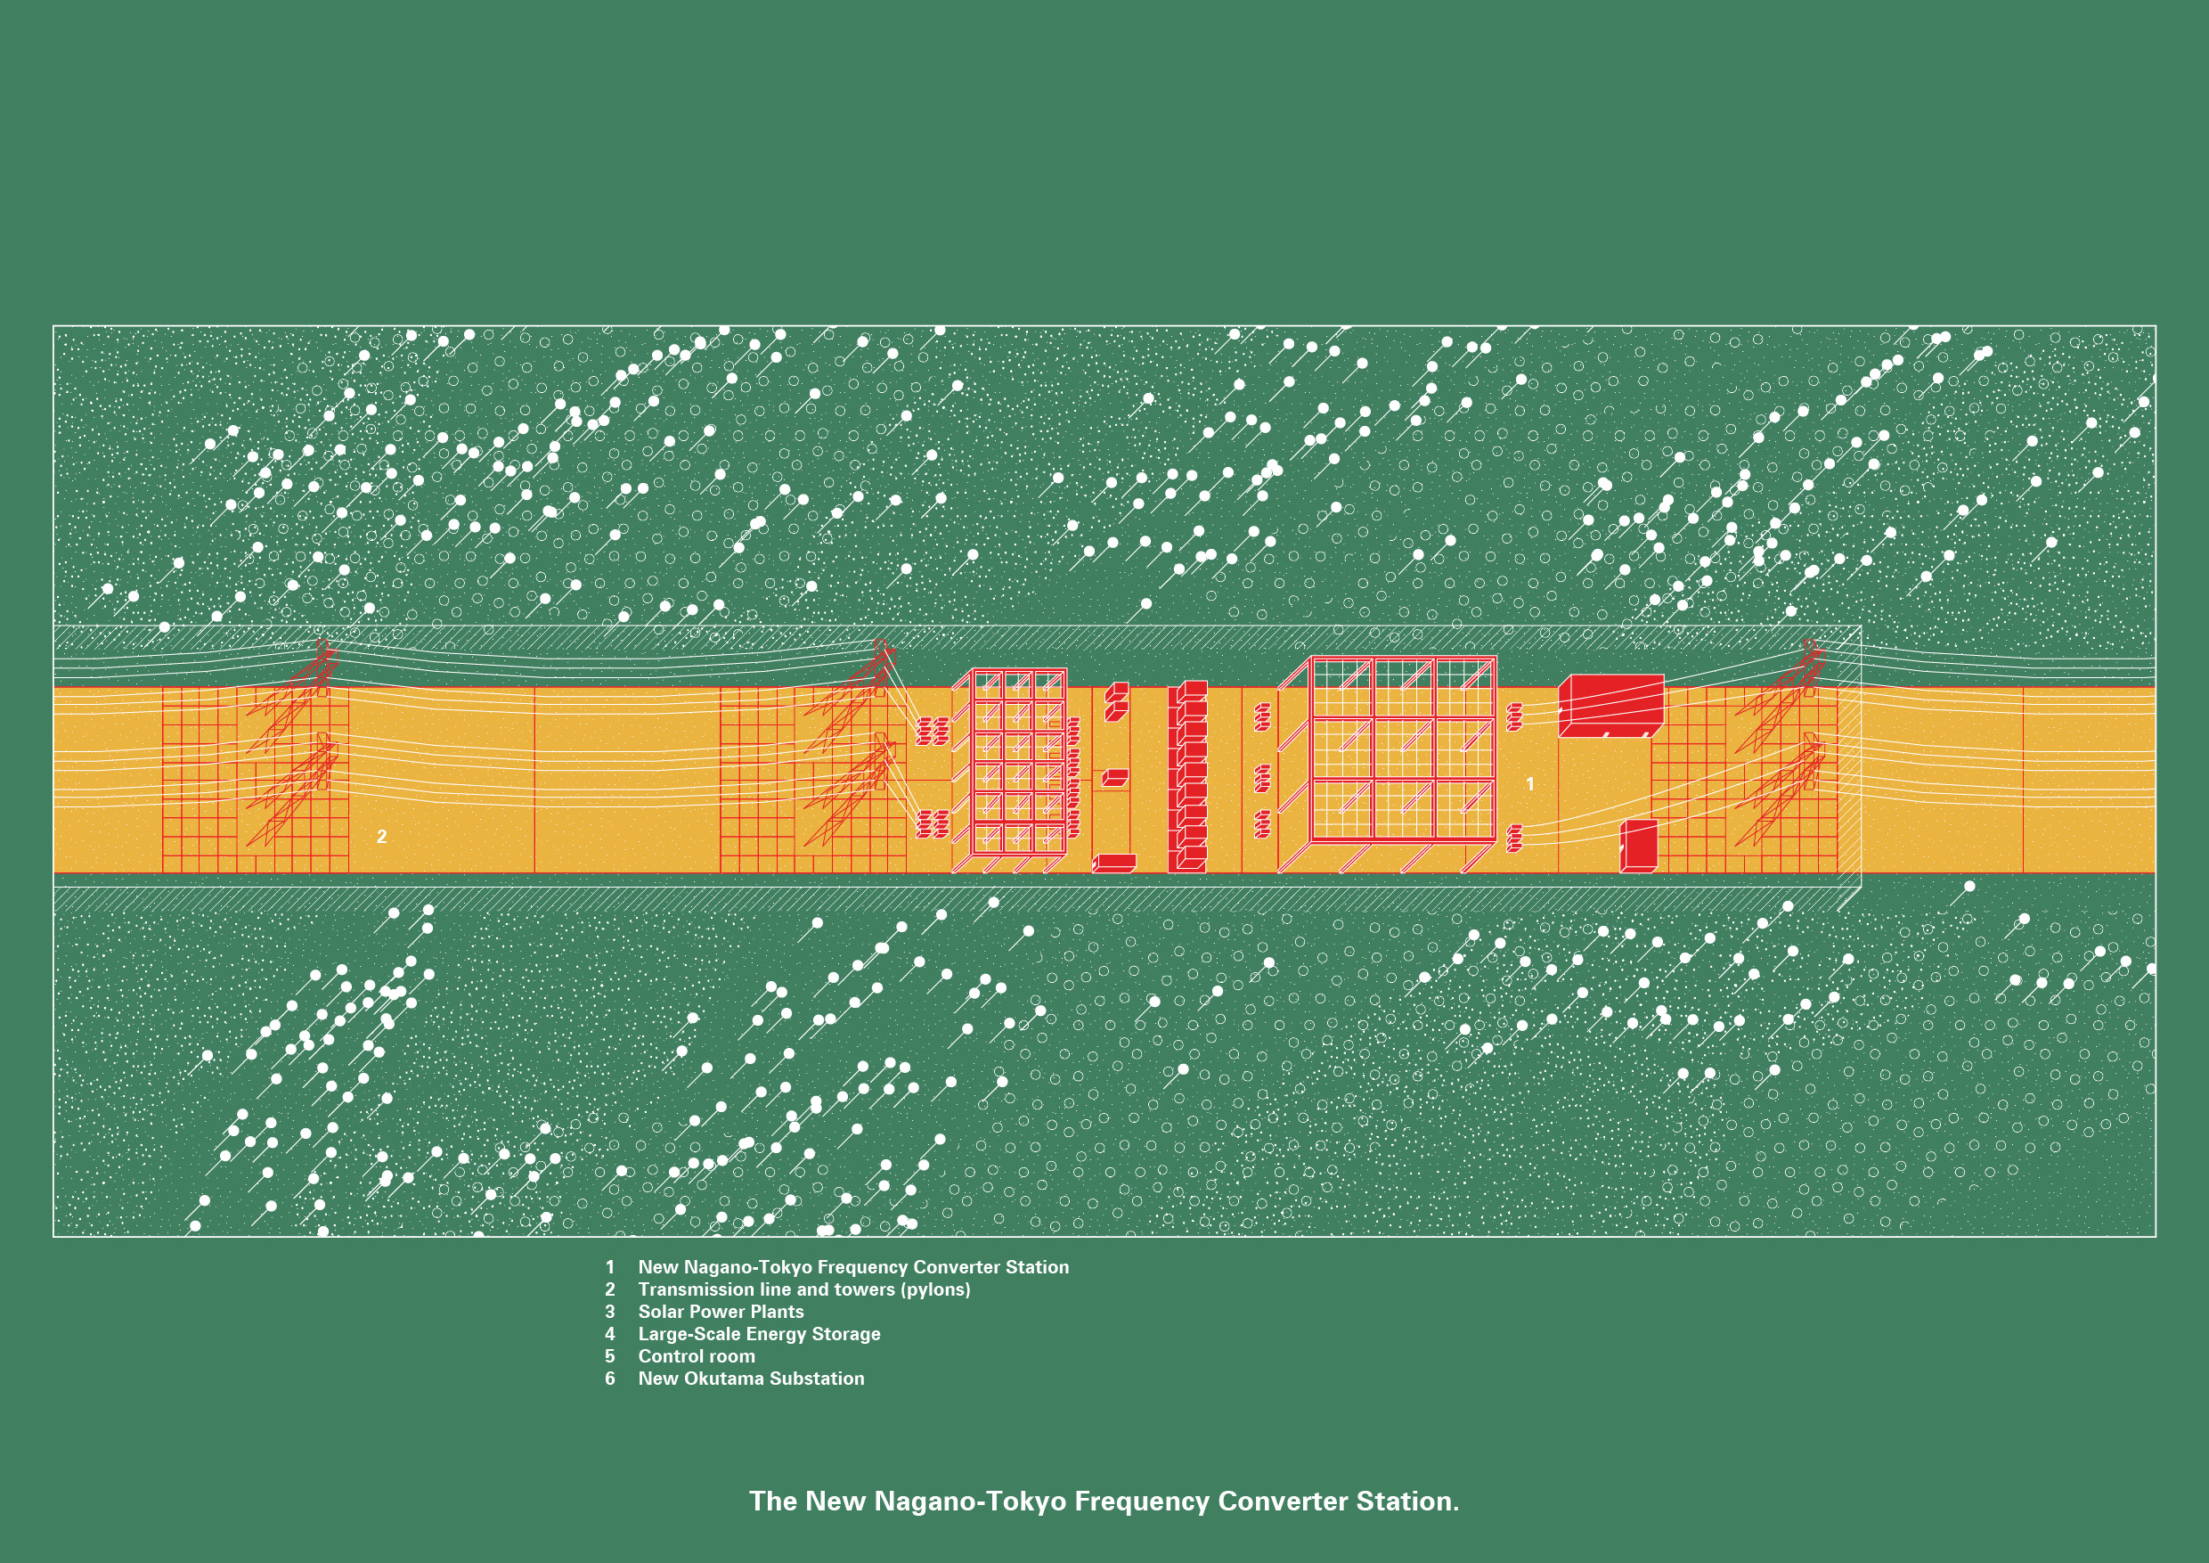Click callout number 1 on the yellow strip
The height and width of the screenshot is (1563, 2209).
point(1529,784)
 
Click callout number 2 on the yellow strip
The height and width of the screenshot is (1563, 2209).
point(382,837)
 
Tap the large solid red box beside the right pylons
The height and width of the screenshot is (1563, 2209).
point(1611,706)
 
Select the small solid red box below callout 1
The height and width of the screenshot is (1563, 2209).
point(1638,846)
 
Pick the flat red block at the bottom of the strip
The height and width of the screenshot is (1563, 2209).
point(1115,863)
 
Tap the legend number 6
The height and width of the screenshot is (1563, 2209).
point(610,1379)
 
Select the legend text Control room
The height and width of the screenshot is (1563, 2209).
point(697,1356)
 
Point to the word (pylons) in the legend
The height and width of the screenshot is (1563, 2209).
point(935,1289)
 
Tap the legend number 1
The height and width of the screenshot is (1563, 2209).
point(610,1267)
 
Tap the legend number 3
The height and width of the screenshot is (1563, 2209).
point(610,1312)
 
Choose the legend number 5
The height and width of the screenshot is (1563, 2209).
point(610,1356)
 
